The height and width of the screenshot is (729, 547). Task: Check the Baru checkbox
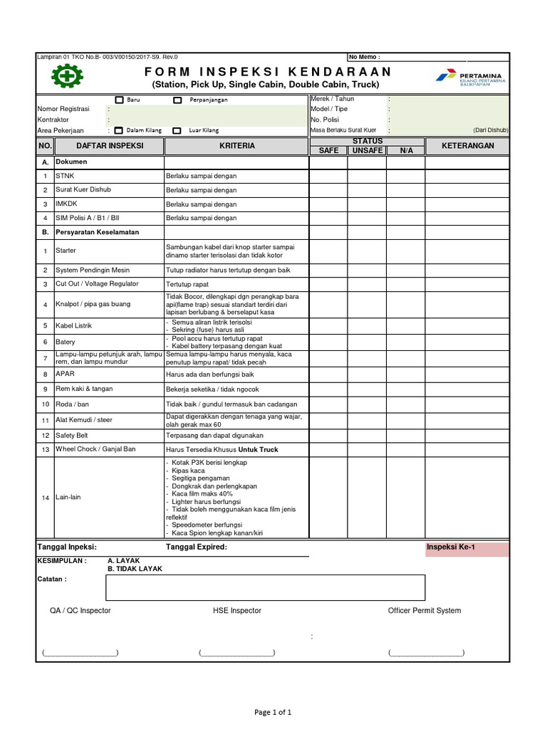click(120, 100)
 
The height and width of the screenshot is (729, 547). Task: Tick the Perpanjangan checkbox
click(177, 100)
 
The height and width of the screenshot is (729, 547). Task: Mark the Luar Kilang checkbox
click(177, 130)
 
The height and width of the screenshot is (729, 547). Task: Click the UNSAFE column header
click(367, 150)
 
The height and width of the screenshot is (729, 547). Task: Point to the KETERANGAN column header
click(467, 145)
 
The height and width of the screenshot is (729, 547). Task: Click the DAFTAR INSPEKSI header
click(110, 146)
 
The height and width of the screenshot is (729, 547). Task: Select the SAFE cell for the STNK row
click(328, 175)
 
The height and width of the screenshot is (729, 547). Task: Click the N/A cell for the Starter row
click(406, 251)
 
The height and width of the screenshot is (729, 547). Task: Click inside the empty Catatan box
click(265, 588)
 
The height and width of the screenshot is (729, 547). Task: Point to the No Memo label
click(364, 57)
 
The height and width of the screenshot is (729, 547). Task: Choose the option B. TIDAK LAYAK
click(135, 569)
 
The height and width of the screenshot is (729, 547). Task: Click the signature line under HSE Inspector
click(237, 653)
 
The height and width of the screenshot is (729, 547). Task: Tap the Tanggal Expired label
click(197, 547)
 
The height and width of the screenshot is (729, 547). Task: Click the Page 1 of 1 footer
click(273, 712)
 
